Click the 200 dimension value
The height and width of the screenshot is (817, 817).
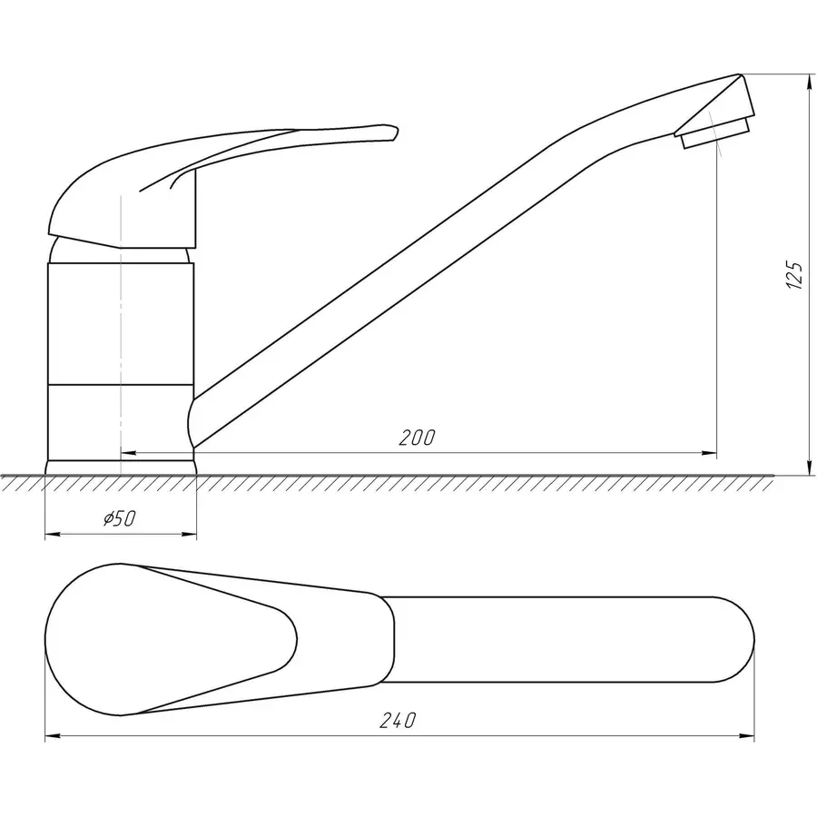pyautogui.click(x=417, y=438)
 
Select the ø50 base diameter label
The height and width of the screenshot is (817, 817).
pyautogui.click(x=119, y=519)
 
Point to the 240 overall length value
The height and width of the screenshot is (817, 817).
pyautogui.click(x=398, y=721)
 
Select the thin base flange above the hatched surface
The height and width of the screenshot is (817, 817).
pyautogui.click(x=120, y=467)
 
